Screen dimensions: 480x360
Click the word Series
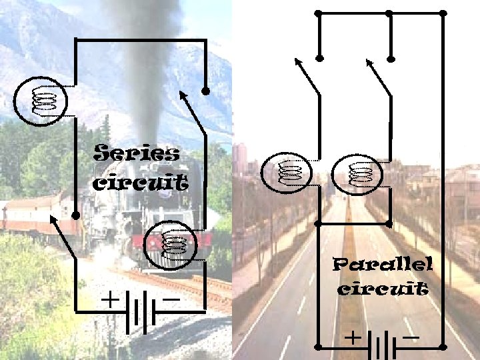[x=137, y=154]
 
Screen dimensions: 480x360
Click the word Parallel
[x=383, y=265]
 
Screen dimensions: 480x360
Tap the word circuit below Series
[x=139, y=182]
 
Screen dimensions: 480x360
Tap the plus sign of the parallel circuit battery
[x=351, y=338]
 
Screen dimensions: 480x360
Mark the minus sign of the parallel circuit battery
[x=411, y=337]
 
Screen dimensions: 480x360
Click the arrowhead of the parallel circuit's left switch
[x=297, y=61]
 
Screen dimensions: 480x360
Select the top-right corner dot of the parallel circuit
[x=443, y=13]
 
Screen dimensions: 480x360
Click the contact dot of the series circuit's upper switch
[x=206, y=91]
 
